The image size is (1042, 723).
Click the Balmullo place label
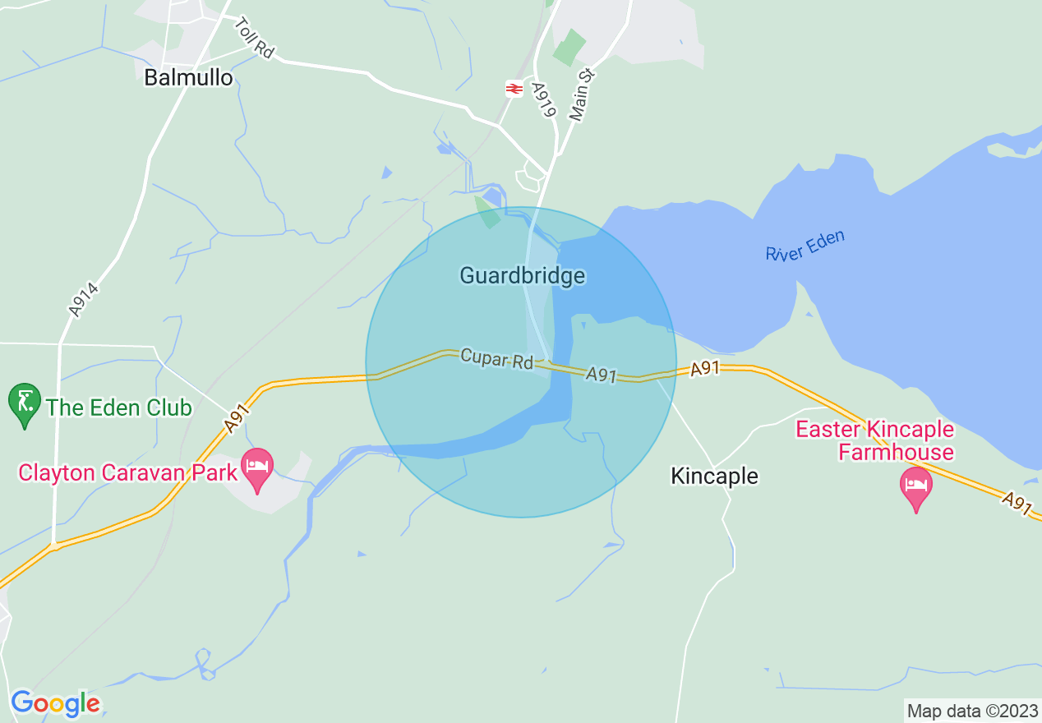click(188, 77)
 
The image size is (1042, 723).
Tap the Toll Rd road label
click(252, 39)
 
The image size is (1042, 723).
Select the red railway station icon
click(514, 88)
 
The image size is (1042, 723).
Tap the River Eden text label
click(805, 246)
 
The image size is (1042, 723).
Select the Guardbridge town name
click(522, 275)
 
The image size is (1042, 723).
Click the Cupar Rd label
click(496, 359)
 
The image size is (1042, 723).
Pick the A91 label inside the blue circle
click(602, 375)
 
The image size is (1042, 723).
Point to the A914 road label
click(84, 300)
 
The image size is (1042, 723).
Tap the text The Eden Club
click(119, 408)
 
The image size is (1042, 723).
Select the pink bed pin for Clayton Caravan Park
click(257, 468)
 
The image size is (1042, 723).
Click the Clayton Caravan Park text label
click(128, 472)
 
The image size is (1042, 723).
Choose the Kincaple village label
click(714, 476)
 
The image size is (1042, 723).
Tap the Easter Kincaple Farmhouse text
click(874, 440)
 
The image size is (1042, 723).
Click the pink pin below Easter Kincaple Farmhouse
click(915, 487)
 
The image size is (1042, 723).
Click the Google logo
click(55, 703)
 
